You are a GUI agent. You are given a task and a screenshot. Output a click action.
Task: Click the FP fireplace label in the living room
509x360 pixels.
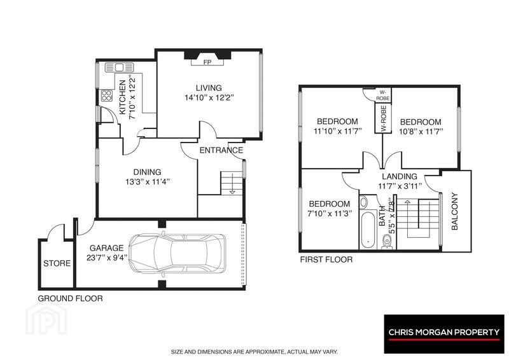207,62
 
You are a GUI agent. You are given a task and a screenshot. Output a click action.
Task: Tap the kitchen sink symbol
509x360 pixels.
119,67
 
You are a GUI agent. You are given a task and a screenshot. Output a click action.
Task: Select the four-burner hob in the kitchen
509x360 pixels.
107,96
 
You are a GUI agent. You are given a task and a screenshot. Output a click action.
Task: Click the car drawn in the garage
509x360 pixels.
177,253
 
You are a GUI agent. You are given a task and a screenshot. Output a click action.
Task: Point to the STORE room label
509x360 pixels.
57,263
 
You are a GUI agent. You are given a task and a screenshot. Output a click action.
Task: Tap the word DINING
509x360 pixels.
148,172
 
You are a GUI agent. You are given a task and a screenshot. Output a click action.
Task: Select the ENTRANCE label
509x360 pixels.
221,150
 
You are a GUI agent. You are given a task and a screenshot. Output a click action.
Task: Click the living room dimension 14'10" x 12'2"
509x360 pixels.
209,97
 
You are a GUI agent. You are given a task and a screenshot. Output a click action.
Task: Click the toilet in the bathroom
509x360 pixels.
387,242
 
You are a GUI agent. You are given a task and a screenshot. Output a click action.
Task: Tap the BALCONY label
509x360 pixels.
454,211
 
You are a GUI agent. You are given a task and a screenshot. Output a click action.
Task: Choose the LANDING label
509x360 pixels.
400,176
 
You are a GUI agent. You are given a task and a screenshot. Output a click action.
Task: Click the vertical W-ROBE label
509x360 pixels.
384,118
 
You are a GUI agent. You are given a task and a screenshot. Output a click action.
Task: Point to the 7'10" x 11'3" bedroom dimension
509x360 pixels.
330,214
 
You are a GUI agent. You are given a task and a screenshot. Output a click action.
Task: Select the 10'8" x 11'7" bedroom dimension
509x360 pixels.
421,132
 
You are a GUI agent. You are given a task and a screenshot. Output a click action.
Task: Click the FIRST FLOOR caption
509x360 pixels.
326,260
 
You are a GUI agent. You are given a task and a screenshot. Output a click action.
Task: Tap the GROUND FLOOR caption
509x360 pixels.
71,299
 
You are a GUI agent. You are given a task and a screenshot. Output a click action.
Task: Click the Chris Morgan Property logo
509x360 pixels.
444,334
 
